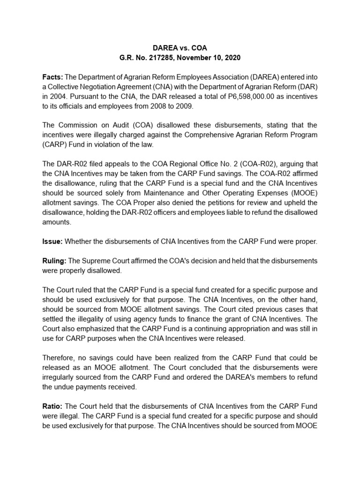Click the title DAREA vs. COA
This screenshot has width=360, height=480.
point(180,48)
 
